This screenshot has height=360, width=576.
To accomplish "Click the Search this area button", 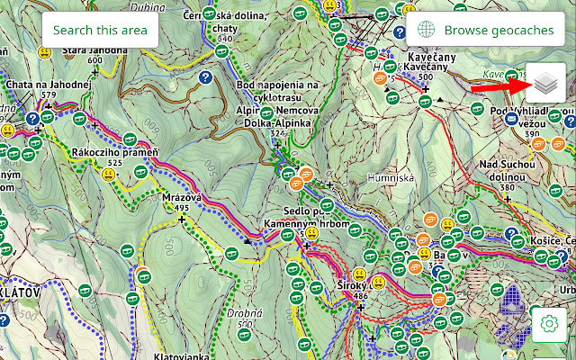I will coord(100,30).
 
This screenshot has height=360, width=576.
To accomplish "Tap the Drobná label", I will coord(244,314).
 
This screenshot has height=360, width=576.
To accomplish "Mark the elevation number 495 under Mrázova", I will coord(182,208).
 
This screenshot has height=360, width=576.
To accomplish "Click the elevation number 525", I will coord(114,162).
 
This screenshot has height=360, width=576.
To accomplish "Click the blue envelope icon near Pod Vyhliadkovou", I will coord(511,118).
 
